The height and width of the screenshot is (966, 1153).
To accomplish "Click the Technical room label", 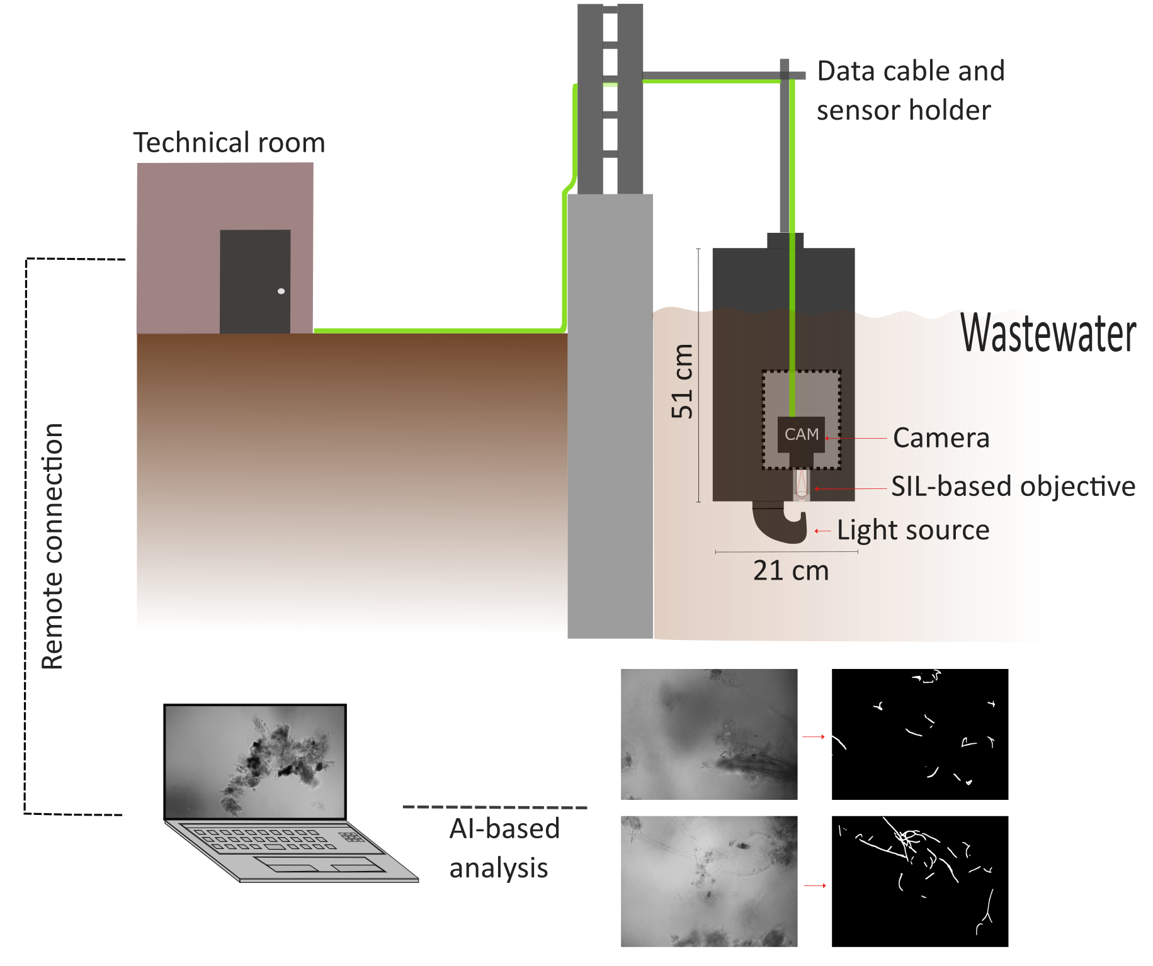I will click(229, 143).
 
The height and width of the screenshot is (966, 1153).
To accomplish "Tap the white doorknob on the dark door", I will click(281, 291).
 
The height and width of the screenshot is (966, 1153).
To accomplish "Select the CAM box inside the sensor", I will click(801, 434).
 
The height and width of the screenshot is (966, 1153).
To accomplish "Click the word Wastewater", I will click(1048, 334).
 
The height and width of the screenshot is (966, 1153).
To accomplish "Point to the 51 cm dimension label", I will click(682, 381).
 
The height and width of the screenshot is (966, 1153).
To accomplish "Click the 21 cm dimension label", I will click(791, 571).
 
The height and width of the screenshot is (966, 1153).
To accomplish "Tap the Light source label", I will click(913, 531).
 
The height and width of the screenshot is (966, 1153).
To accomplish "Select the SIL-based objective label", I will click(1013, 486).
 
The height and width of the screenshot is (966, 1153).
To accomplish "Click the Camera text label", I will click(941, 438).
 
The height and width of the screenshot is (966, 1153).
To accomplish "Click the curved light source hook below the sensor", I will click(781, 522).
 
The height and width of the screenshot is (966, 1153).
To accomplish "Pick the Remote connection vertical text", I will click(52, 546).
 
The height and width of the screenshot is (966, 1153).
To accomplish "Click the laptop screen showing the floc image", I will click(255, 761).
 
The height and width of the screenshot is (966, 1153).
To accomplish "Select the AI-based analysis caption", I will click(504, 848).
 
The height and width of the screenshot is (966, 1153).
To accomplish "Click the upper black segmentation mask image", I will click(919, 734).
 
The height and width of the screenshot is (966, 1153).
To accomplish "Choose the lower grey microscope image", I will click(709, 881).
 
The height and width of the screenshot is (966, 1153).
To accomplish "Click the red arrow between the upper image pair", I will click(814, 736).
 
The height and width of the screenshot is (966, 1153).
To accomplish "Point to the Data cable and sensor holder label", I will click(909, 91).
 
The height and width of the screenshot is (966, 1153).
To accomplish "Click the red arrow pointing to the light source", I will click(822, 531).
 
